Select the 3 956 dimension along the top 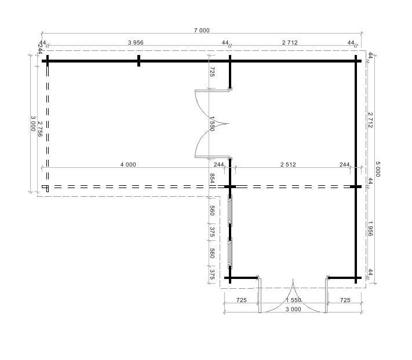139,43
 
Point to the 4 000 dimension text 128,164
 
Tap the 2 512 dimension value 287,164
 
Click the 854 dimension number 212,178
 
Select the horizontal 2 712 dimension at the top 290,43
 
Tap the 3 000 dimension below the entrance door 293,309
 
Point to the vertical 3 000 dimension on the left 33,123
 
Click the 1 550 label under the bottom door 293,300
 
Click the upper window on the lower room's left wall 230,211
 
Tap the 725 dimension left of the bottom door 242,300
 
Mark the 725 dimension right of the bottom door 344,300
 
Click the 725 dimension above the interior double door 212,72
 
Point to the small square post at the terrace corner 45,187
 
